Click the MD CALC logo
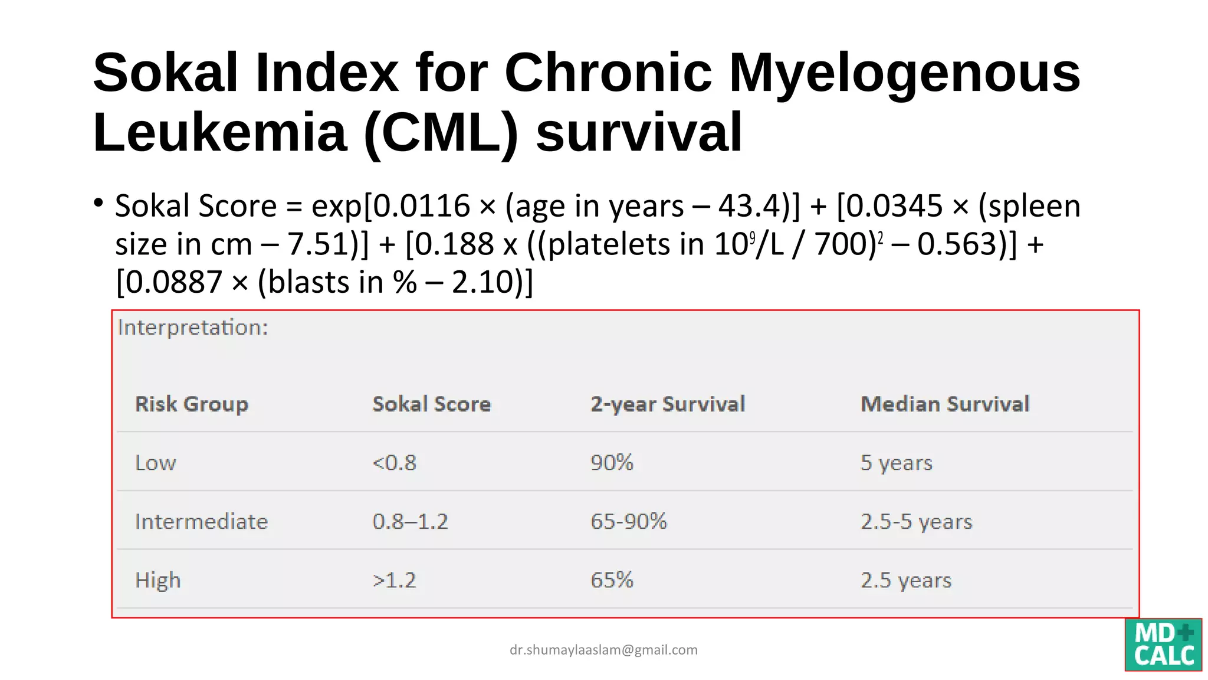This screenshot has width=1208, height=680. point(1163,645)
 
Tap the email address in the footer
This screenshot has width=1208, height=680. point(603,650)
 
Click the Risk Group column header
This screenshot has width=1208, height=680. point(192,404)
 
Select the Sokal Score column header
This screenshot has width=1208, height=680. point(431,404)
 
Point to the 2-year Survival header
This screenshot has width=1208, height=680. point(668,404)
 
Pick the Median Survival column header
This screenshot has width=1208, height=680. point(944,404)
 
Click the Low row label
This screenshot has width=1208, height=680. point(156,463)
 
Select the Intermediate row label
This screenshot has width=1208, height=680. point(201,522)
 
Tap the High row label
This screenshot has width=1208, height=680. point(157,580)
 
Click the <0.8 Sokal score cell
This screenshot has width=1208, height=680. point(394,463)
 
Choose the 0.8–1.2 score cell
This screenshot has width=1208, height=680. point(410,522)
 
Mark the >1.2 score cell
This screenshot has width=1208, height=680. point(394,580)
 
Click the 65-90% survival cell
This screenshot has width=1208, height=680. point(628,522)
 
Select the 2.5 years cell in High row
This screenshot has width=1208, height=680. point(905,580)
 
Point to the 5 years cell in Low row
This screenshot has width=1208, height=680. point(896,463)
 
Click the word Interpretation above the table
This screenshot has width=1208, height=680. point(192,328)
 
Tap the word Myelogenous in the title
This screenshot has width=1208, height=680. point(904,73)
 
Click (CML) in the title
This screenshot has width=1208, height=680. point(441,132)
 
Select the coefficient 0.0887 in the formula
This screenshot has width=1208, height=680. point(174,282)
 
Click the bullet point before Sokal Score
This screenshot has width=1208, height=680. point(99,203)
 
